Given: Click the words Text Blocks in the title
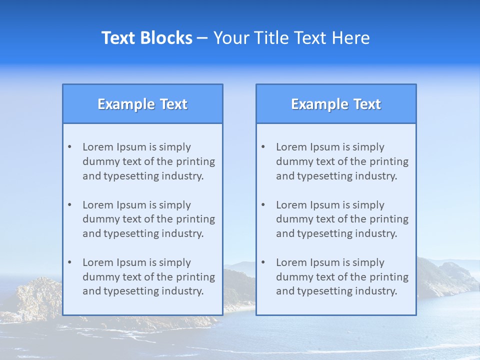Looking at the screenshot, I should click(x=146, y=38).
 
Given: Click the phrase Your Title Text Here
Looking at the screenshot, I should click(x=291, y=38).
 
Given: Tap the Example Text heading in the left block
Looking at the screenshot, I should click(x=142, y=104).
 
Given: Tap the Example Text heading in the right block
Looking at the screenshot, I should click(x=336, y=104).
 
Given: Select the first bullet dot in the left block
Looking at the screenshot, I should click(x=69, y=147).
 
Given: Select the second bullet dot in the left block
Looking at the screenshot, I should click(x=69, y=205).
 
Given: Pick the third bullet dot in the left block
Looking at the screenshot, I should click(x=69, y=262).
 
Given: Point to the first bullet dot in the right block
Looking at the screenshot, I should click(x=263, y=147).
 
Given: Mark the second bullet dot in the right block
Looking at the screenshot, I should click(x=263, y=205).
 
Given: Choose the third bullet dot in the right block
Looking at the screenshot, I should click(x=263, y=262).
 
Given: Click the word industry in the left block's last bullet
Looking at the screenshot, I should click(x=182, y=291).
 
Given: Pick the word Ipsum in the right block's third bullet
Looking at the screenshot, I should click(x=325, y=262).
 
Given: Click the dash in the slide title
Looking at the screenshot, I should click(x=202, y=38).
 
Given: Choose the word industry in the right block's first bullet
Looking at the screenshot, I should click(x=375, y=176).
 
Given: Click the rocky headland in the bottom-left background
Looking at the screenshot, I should click(x=35, y=300).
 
